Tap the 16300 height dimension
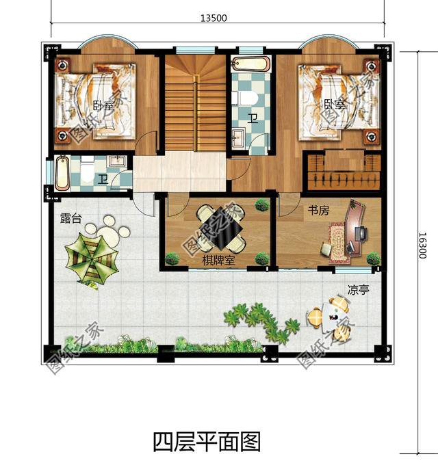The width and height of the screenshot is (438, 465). (422, 244)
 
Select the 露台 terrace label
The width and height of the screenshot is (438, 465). (70, 219)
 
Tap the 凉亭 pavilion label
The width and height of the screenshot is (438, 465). (358, 290)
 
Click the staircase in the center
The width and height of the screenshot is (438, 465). (194, 103)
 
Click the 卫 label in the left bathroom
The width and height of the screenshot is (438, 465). (103, 180)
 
